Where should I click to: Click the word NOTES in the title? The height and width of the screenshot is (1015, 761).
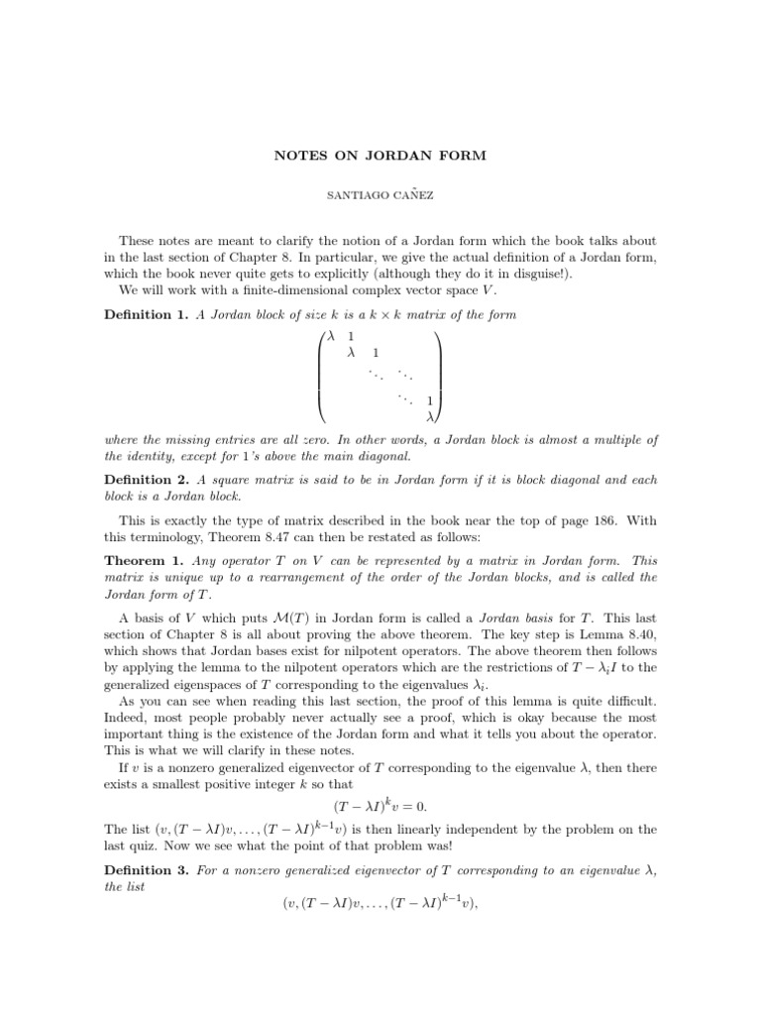click(291, 155)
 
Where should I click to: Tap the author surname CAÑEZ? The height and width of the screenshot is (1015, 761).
click(407, 197)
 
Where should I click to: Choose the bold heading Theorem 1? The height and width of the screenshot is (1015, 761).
click(142, 560)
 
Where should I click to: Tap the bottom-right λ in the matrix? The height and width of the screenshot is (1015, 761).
click(429, 417)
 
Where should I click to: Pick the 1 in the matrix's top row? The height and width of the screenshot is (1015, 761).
click(352, 337)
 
